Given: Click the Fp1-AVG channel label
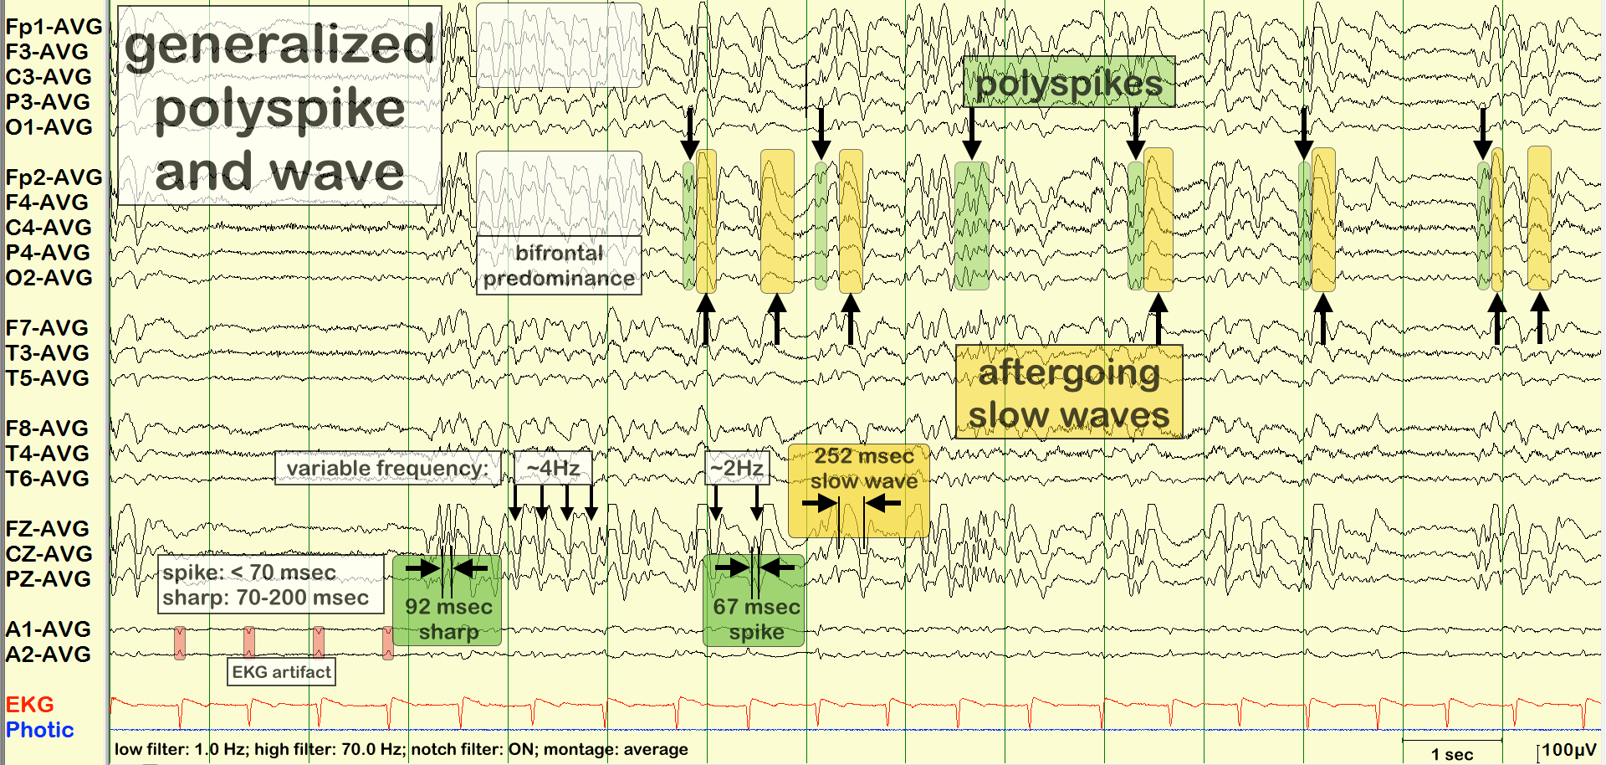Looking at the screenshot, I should pos(54,27).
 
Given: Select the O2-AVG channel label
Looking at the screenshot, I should pos(49,278).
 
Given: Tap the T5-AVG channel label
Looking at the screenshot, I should pos(47,378).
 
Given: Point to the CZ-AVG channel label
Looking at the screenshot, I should pos(49,554).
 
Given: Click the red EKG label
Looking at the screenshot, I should pos(29,705).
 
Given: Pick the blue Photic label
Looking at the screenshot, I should pos(39,730).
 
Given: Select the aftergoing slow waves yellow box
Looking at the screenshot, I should pos(1069,393).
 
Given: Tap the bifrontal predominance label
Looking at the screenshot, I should pos(559,265).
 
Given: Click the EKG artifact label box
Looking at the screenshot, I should pos(281,672).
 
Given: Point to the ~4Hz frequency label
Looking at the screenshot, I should pos(553,468).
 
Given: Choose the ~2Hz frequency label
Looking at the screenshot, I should pos(737,468).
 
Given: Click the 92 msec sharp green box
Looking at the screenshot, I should pos(448,619).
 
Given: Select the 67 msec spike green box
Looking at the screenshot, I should pos(756,619).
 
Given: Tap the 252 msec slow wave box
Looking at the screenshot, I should pos(863,469).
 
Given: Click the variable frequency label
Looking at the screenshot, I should pos(387,468).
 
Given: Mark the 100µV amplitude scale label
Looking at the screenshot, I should pos(1569,750).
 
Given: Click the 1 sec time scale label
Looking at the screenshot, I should pos(1452,753).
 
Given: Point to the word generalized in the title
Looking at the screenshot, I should pos(279,45).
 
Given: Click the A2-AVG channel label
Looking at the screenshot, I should pos(48,655).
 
